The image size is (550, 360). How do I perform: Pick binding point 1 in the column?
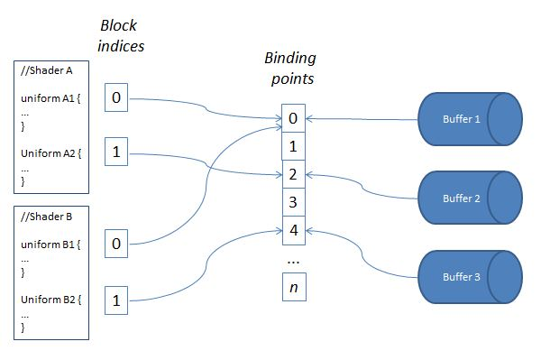tap(294, 146)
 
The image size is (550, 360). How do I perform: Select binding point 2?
tap(294, 174)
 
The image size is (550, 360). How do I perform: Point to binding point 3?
tap(294, 201)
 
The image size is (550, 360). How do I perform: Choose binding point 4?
tap(294, 229)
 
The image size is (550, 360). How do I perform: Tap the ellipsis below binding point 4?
tap(293, 259)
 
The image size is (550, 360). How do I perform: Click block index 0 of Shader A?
tap(116, 97)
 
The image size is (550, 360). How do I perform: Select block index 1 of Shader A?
tap(116, 153)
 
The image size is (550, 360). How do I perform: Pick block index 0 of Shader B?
tap(116, 242)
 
